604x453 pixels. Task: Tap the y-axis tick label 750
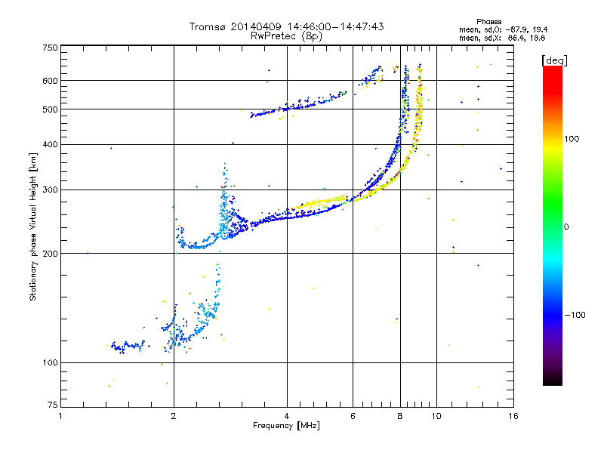50,48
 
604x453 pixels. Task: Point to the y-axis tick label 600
50,81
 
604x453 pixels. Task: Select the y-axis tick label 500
50,109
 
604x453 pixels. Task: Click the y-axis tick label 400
50,144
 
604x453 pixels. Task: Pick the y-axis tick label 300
50,190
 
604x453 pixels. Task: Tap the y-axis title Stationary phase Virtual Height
34,226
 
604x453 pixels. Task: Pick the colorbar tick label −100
576,314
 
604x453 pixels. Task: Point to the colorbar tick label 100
573,139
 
